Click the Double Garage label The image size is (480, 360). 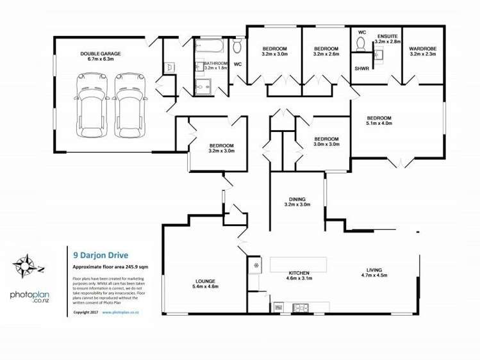(x=101, y=56)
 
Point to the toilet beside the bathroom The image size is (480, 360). (x=237, y=47)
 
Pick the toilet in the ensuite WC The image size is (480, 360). (x=360, y=44)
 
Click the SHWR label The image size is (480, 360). (x=361, y=68)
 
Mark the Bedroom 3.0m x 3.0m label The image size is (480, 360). (x=326, y=142)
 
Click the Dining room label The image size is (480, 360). (x=297, y=202)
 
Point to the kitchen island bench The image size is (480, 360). (x=297, y=264)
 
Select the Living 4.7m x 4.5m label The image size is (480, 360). (x=374, y=273)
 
